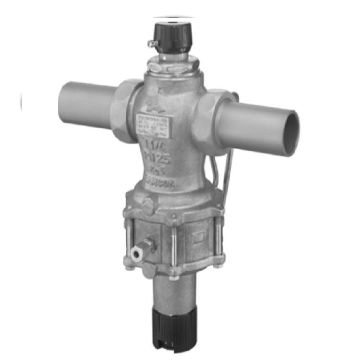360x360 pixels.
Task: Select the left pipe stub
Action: pyautogui.click(x=86, y=104)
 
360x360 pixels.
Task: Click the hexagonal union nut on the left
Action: pyautogui.click(x=126, y=110)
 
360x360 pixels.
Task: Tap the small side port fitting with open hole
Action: pyautogui.click(x=137, y=251)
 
